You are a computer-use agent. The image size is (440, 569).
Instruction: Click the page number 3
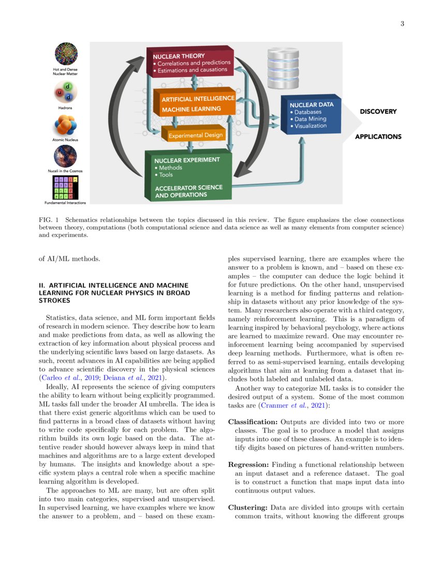click(x=402, y=24)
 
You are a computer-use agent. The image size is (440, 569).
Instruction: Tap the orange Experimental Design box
click(x=195, y=136)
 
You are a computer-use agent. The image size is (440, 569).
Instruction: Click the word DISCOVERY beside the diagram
click(x=378, y=111)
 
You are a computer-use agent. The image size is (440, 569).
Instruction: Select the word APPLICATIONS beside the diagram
click(x=378, y=137)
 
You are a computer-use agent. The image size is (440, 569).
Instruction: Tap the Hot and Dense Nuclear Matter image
click(x=66, y=54)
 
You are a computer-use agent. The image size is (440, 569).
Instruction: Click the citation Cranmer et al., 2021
click(x=290, y=406)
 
